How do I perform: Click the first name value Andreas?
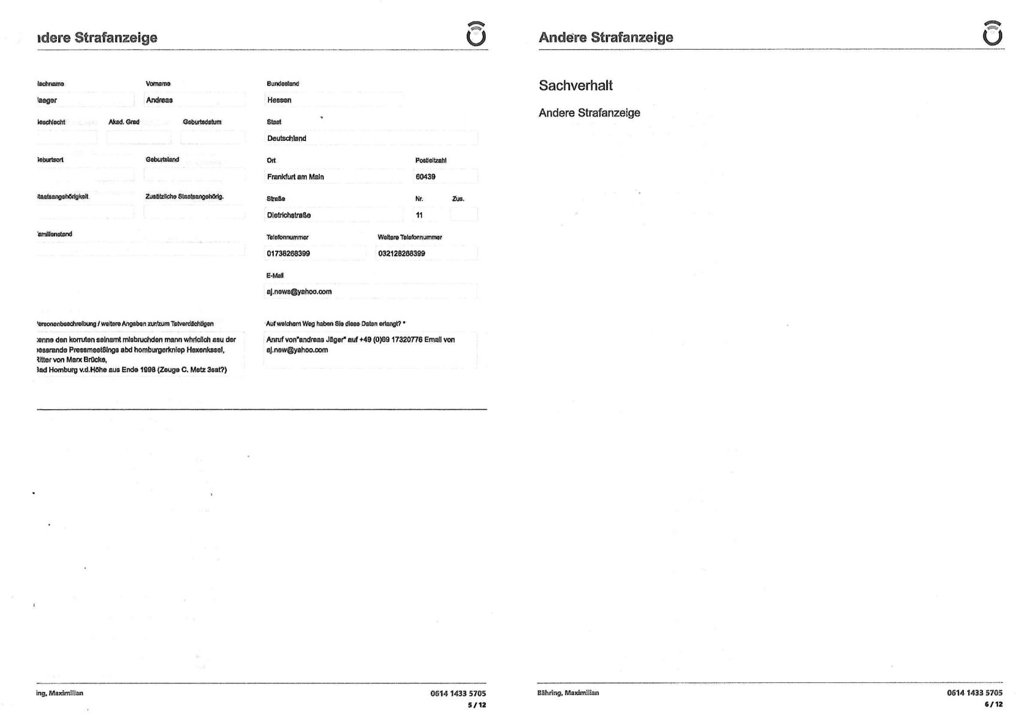pyautogui.click(x=159, y=100)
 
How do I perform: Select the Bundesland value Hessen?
pyautogui.click(x=279, y=100)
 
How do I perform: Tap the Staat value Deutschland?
pyautogui.click(x=286, y=139)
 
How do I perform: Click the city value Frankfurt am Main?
pyautogui.click(x=295, y=177)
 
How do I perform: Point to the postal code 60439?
pyautogui.click(x=425, y=177)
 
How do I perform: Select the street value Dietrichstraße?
pyautogui.click(x=289, y=215)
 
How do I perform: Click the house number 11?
pyautogui.click(x=419, y=215)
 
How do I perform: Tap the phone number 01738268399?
pyautogui.click(x=288, y=254)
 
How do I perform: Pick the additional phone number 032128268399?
pyautogui.click(x=401, y=254)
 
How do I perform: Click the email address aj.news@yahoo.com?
pyautogui.click(x=299, y=292)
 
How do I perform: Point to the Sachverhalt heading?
pyautogui.click(x=575, y=86)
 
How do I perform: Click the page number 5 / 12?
pyautogui.click(x=477, y=705)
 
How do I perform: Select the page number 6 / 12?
pyautogui.click(x=993, y=705)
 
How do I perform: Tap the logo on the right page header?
pyautogui.click(x=992, y=34)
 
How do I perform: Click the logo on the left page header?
pyautogui.click(x=476, y=34)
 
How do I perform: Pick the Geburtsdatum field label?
pyautogui.click(x=202, y=122)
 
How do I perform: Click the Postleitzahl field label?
pyautogui.click(x=431, y=161)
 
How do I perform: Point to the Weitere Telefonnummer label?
pyautogui.click(x=410, y=237)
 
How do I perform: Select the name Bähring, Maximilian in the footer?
pyautogui.click(x=568, y=693)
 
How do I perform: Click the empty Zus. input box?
pyautogui.click(x=464, y=215)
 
